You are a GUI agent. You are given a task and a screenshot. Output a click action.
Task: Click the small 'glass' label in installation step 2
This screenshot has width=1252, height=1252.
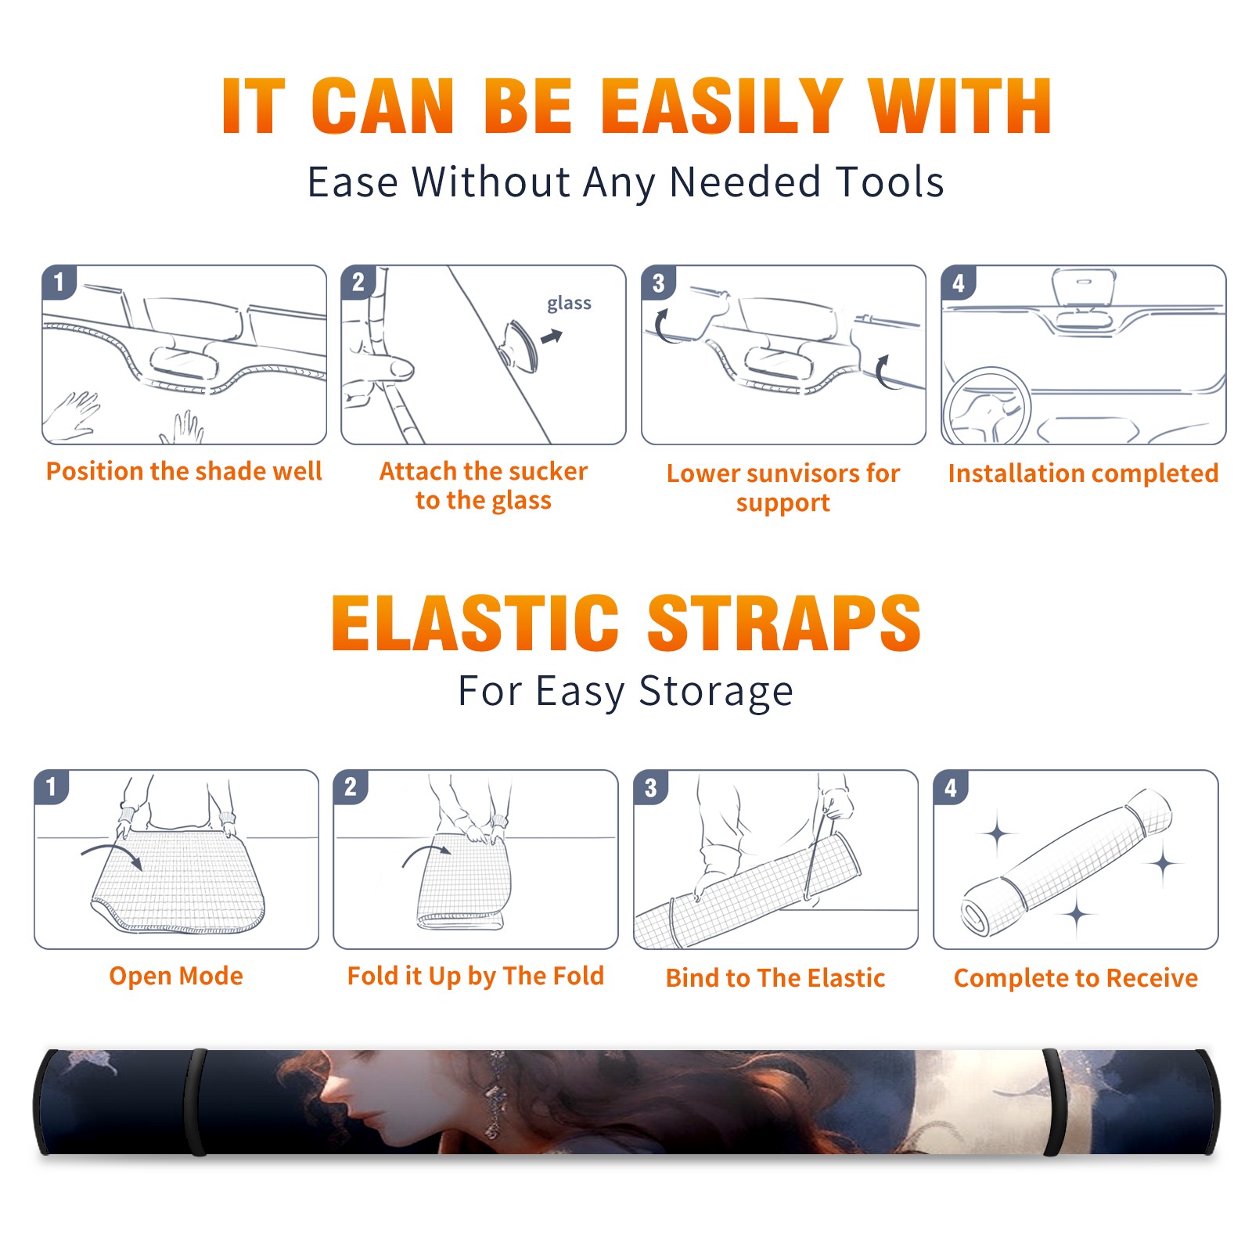tap(569, 304)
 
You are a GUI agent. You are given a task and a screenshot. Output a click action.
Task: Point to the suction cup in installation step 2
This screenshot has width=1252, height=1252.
tap(521, 347)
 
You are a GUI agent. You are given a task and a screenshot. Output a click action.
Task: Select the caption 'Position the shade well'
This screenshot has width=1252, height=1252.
tap(184, 471)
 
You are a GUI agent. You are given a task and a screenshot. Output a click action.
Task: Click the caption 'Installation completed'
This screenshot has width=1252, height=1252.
tap(1083, 473)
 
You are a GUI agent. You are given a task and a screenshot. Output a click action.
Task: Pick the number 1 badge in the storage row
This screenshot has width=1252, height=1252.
tap(52, 786)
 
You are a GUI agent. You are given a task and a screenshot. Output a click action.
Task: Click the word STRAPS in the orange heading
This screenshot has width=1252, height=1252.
tap(784, 623)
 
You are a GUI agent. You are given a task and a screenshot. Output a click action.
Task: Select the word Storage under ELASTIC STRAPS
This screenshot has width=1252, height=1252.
tap(716, 692)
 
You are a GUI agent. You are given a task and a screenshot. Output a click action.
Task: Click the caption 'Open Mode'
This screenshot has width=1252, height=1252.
tap(176, 976)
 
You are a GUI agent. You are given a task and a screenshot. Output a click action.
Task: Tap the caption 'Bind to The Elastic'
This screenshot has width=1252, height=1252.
tap(775, 978)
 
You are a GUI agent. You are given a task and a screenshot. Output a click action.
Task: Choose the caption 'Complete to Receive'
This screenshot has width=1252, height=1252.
tap(1076, 978)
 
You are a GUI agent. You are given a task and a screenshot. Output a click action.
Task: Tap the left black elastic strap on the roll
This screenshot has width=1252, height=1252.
tap(196, 1102)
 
